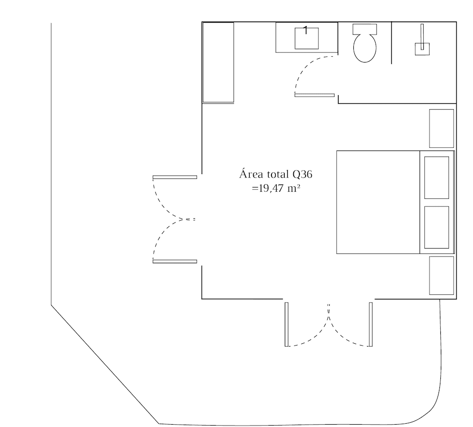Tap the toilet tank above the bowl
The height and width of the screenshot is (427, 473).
coord(365,29)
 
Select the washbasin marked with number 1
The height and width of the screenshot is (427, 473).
coord(307,38)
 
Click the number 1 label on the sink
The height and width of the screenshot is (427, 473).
coord(306,30)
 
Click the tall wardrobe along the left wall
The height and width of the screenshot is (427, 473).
coord(218,62)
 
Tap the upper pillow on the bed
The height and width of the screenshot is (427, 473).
coord(436,177)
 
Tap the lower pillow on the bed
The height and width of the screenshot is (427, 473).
coord(436,227)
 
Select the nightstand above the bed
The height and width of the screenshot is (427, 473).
coord(441,128)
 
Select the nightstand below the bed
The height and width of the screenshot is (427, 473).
coord(441,275)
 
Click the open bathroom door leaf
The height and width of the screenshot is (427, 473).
coord(315,95)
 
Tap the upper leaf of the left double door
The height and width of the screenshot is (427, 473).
coord(175,177)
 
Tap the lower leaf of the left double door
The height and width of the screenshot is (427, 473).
coord(175,261)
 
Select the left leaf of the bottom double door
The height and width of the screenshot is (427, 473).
coord(286,324)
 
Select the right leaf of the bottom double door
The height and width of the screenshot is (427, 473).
coord(371,324)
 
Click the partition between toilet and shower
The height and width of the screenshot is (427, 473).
coord(392,43)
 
